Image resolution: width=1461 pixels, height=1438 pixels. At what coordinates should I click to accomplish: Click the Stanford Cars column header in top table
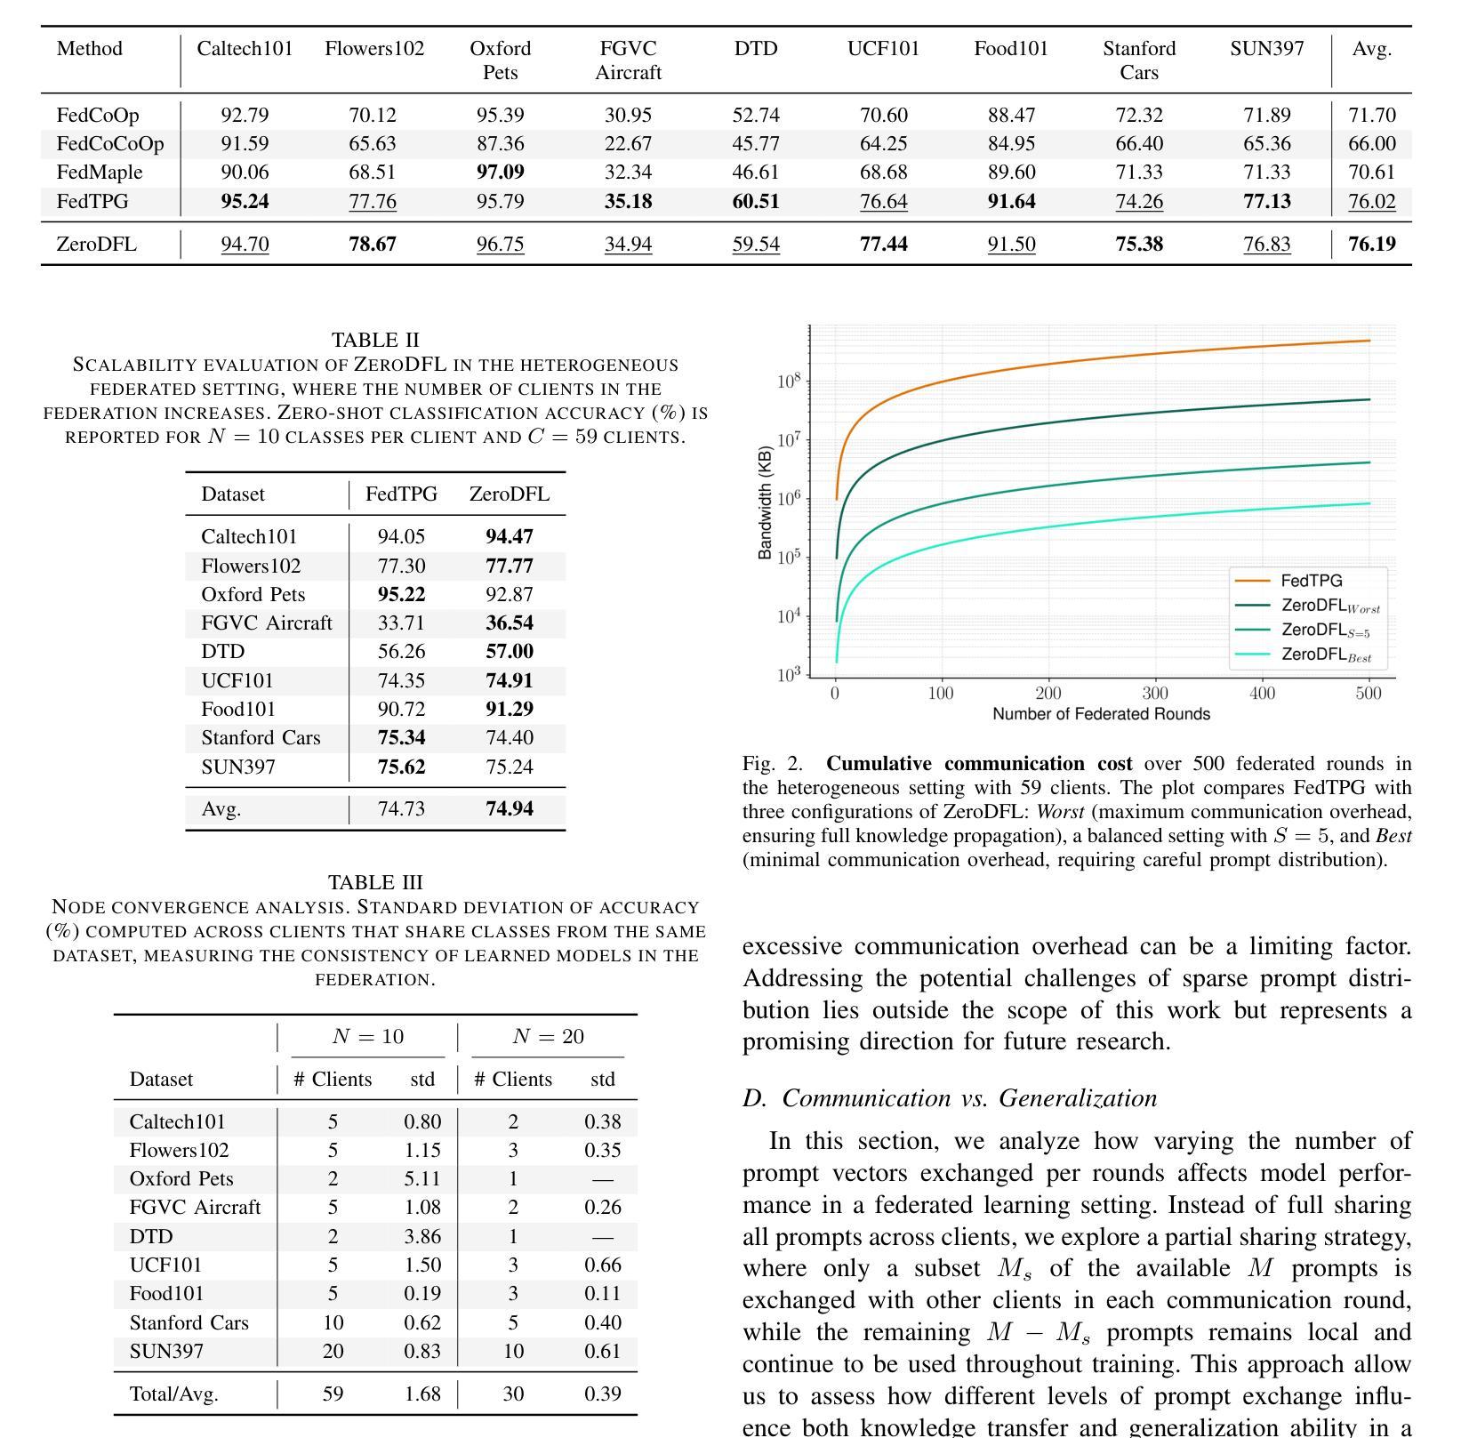pyautogui.click(x=1138, y=60)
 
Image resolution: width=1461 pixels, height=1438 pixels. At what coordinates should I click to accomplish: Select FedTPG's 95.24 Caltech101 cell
pyautogui.click(x=245, y=202)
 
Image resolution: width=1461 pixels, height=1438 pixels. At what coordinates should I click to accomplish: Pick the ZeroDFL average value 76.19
pyautogui.click(x=1371, y=245)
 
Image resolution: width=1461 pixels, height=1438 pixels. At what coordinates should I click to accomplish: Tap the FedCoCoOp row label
pyautogui.click(x=110, y=144)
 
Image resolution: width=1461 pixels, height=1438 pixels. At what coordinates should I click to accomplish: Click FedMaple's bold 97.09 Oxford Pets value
pyautogui.click(x=500, y=173)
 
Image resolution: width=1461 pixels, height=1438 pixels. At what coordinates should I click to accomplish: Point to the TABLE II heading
pyautogui.click(x=375, y=341)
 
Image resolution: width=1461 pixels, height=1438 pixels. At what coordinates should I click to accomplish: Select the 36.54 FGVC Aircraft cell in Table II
pyautogui.click(x=510, y=623)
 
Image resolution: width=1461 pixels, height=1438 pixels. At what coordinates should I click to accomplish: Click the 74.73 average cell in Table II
pyautogui.click(x=401, y=809)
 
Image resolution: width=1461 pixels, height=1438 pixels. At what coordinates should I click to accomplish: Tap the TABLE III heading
pyautogui.click(x=375, y=883)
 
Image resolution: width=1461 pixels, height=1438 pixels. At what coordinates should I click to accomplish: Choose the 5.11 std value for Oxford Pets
pyautogui.click(x=422, y=1179)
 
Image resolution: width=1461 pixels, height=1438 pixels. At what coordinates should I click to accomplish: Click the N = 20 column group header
pyautogui.click(x=548, y=1037)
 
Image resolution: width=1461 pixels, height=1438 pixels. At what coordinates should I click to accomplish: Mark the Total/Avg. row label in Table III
pyautogui.click(x=174, y=1394)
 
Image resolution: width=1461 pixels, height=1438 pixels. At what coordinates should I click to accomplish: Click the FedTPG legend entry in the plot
pyautogui.click(x=1311, y=581)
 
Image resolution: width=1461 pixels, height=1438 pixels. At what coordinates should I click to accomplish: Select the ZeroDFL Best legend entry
pyautogui.click(x=1325, y=655)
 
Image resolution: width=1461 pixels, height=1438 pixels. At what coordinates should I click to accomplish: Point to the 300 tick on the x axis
pyautogui.click(x=1155, y=694)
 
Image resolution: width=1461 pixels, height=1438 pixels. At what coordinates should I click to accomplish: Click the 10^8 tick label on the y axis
pyautogui.click(x=789, y=382)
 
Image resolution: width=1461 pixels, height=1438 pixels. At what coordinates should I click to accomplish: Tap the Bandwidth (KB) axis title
pyautogui.click(x=765, y=502)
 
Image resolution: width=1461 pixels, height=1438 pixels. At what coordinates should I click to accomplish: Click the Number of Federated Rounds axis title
pyautogui.click(x=1101, y=714)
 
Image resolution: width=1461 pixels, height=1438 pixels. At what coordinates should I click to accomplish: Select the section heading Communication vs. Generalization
pyautogui.click(x=950, y=1099)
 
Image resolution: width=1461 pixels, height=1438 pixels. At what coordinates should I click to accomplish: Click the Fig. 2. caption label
pyautogui.click(x=772, y=764)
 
